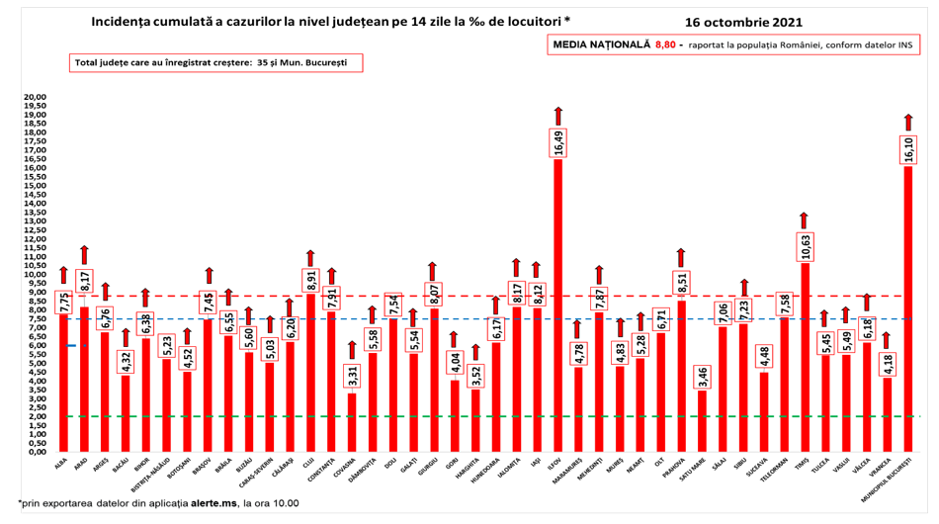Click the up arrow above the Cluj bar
[x=310, y=258]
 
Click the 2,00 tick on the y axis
[x=37, y=416]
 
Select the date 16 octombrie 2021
[x=742, y=21]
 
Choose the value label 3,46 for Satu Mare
[x=701, y=377]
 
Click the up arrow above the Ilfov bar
[x=557, y=114]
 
